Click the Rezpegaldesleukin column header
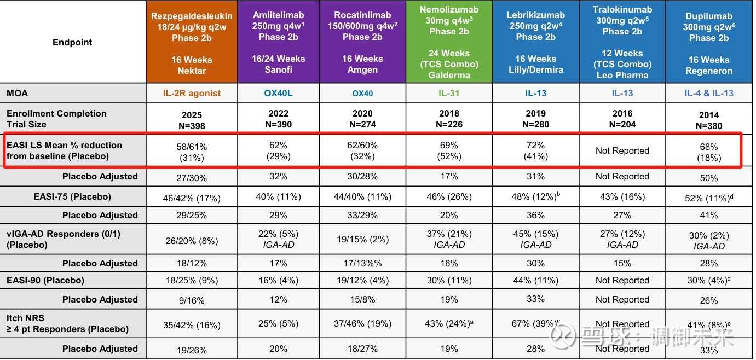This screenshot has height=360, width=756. pyautogui.click(x=192, y=43)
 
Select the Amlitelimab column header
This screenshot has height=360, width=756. pyautogui.click(x=278, y=43)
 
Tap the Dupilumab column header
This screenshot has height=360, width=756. pyautogui.click(x=709, y=43)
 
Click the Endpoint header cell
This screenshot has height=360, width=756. pyautogui.click(x=72, y=43)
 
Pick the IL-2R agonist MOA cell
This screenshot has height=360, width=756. pyautogui.click(x=192, y=93)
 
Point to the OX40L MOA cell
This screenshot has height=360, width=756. pyautogui.click(x=278, y=93)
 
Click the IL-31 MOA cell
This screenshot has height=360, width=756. pyautogui.click(x=449, y=93)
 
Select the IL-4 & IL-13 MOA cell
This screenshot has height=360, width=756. pyautogui.click(x=709, y=93)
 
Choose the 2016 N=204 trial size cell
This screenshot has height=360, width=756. pyautogui.click(x=622, y=119)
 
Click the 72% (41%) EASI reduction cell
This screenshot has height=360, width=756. pyautogui.click(x=535, y=150)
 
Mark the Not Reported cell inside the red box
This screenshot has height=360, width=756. pyautogui.click(x=622, y=150)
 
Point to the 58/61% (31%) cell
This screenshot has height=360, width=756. pyautogui.click(x=192, y=152)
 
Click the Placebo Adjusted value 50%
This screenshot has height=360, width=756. pyautogui.click(x=709, y=177)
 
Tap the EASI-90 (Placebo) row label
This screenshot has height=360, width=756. pyautogui.click(x=45, y=280)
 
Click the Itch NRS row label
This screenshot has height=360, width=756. pyautogui.click(x=67, y=323)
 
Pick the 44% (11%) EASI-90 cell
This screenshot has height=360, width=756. pyautogui.click(x=535, y=280)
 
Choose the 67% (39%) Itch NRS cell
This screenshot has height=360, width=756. pyautogui.click(x=535, y=323)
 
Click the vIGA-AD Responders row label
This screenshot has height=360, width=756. pyautogui.click(x=64, y=239)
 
